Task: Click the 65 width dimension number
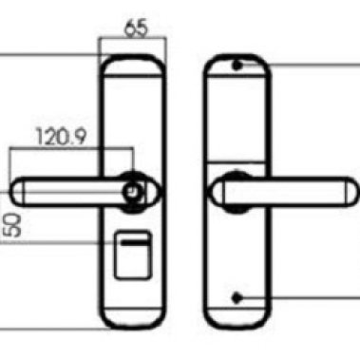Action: pyautogui.click(x=137, y=28)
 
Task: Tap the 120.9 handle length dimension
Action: pyautogui.click(x=61, y=137)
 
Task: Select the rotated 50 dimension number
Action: pyautogui.click(x=13, y=225)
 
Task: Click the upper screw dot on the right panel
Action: pyautogui.click(x=237, y=66)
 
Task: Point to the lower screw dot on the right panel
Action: pyautogui.click(x=237, y=298)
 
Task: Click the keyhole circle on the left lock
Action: pyautogui.click(x=131, y=191)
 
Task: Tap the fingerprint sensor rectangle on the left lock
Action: pyautogui.click(x=133, y=255)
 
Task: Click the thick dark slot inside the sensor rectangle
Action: pyautogui.click(x=136, y=243)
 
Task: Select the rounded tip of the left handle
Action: pyautogui.click(x=18, y=192)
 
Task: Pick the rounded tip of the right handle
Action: pyautogui.click(x=352, y=193)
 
